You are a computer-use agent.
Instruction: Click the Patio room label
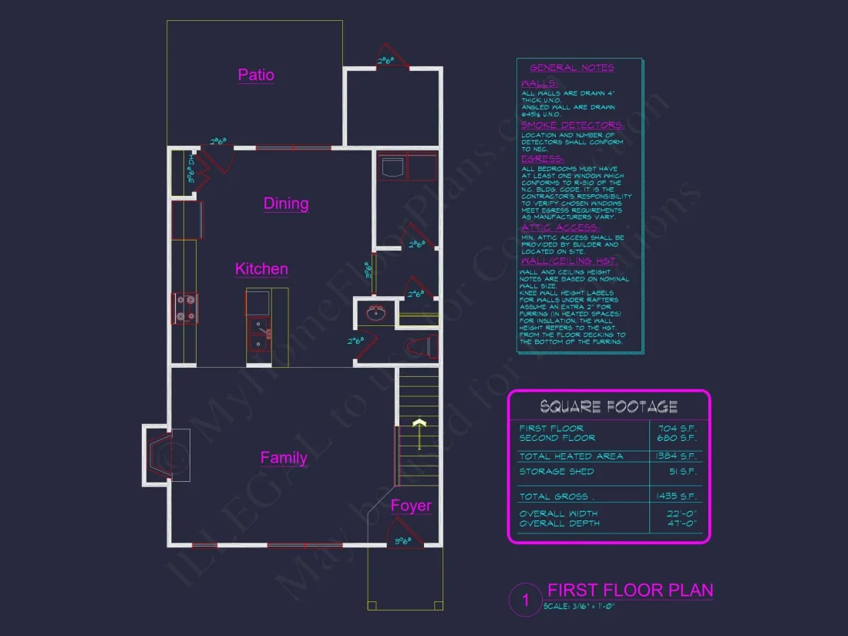tap(256, 75)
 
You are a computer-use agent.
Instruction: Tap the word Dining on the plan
tap(286, 204)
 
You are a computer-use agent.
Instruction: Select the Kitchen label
tap(261, 269)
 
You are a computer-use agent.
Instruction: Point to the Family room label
tap(284, 458)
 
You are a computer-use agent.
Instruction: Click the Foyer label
tap(411, 506)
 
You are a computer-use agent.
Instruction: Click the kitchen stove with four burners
tap(185, 308)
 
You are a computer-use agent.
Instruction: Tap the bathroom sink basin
tap(377, 313)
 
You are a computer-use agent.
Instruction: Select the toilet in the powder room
tap(423, 347)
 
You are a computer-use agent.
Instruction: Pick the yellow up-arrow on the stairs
tap(419, 429)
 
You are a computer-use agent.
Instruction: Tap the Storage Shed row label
tap(557, 471)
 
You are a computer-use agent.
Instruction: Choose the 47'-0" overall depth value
tap(682, 523)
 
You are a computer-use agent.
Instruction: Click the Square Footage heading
tap(608, 406)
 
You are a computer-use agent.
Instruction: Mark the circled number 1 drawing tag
tap(527, 600)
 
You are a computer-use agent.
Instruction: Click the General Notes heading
tap(572, 68)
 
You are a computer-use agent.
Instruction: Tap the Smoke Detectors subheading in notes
tap(572, 125)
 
